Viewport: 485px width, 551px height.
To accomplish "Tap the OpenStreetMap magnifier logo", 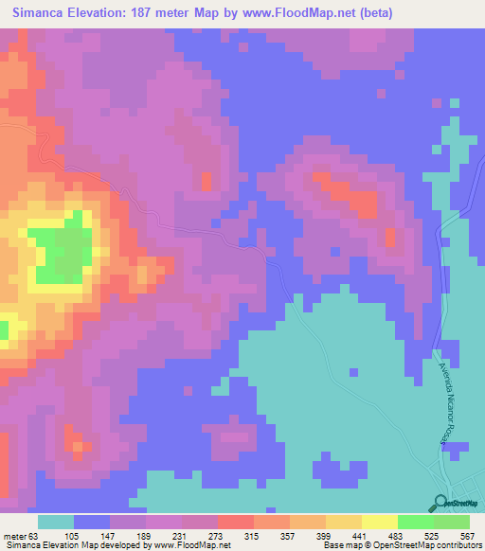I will (441, 503).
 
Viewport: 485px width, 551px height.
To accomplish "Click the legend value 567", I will (465, 535).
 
